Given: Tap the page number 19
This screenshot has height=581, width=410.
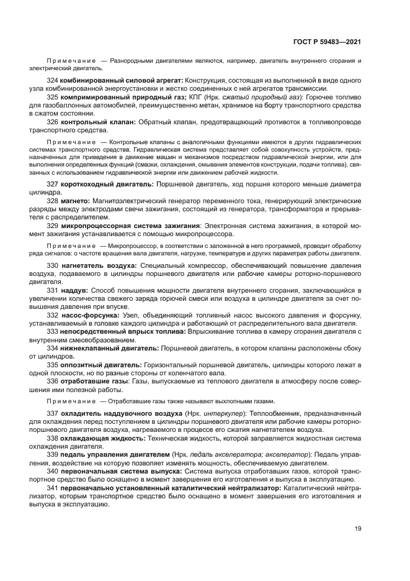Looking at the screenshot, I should point(358,529).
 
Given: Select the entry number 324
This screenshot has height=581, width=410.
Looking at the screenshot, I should point(53,81).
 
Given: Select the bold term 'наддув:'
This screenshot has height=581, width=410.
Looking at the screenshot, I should point(75,290).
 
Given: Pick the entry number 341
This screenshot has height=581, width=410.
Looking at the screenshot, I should point(53,489).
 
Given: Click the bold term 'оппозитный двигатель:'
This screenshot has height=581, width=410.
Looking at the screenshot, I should point(101,364).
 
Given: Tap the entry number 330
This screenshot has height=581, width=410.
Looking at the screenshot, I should point(53,265).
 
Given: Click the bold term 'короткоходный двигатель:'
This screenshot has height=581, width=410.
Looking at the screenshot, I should point(108,185).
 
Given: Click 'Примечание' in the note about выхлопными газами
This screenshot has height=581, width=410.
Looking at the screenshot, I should point(70,401).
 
